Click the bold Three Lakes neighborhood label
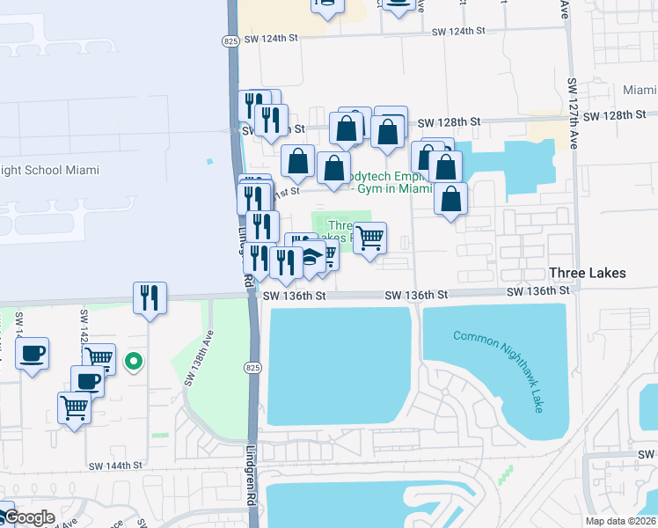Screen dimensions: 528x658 point(587,273)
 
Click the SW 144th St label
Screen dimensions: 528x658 point(115,466)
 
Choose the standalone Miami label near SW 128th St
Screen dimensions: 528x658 point(639,91)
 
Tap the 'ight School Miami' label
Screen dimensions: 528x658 point(50,170)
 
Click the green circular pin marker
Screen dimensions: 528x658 point(134,360)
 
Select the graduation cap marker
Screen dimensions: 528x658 point(311,258)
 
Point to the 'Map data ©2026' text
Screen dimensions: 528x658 point(620,521)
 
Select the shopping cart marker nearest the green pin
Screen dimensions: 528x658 point(100,356)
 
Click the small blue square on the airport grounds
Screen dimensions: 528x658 point(209,162)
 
